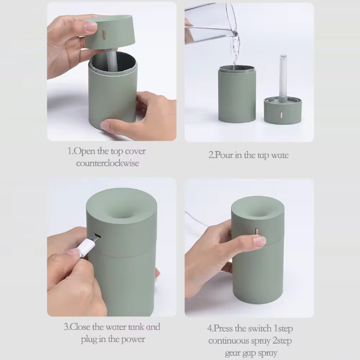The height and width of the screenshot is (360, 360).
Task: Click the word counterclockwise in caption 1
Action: [x=107, y=163]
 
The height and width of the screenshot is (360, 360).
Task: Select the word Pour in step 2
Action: [x=224, y=155]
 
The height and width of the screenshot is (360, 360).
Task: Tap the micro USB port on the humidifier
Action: [x=98, y=235]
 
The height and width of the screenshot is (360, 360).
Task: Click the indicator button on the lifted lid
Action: [x=104, y=34]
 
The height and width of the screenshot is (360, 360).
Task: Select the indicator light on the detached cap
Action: [x=281, y=115]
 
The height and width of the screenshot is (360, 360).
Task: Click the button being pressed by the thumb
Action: [x=257, y=231]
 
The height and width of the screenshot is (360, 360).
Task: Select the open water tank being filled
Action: [x=237, y=94]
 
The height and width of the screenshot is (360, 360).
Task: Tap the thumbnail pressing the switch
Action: [x=260, y=241]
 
